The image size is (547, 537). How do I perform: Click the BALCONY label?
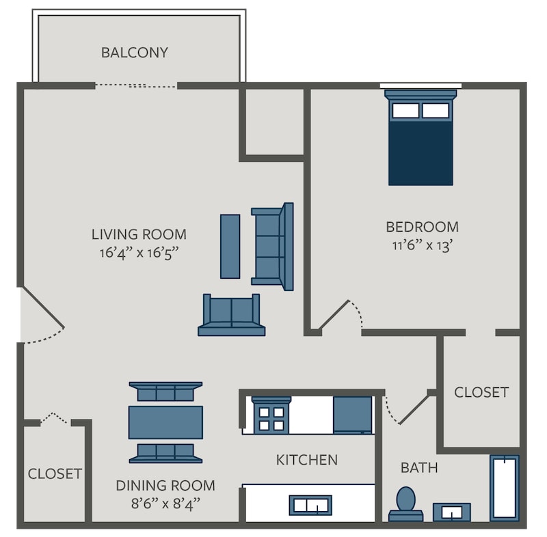135,53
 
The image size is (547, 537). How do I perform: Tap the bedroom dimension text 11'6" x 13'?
422,246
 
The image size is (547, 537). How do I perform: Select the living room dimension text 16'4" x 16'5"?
139,253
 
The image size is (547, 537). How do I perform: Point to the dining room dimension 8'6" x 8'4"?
165,504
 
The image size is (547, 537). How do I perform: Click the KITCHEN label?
307,460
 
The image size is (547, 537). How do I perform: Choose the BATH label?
419,467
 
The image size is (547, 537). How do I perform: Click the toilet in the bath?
406,504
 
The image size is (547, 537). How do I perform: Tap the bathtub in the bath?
505,488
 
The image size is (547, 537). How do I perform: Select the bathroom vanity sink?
452,512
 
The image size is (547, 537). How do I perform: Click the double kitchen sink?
310,505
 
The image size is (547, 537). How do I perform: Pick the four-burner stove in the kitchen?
271,415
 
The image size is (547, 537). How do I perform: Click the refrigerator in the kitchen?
352,415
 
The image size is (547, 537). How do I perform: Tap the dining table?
165,422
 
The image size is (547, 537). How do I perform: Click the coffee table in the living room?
230,247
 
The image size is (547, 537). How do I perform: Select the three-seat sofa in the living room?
272,247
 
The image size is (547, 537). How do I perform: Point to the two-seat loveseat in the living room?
232,315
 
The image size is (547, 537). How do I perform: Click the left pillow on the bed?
405,111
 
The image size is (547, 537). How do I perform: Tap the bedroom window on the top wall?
421,85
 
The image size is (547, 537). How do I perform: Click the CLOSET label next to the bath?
481,392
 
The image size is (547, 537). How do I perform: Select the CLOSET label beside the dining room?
55,474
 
